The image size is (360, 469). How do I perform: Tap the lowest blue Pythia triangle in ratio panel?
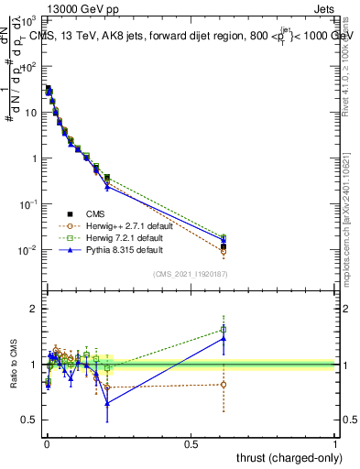(x=107, y=402)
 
